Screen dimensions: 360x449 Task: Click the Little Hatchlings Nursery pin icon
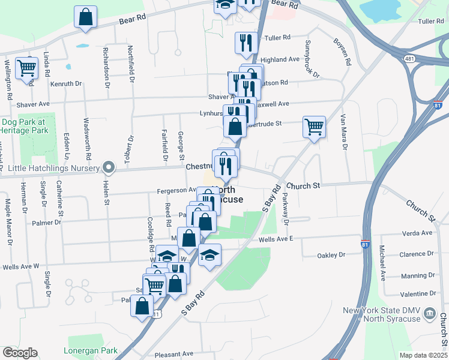(109, 167)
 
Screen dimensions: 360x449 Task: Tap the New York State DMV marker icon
(430, 313)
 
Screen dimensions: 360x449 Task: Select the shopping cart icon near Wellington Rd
(26, 68)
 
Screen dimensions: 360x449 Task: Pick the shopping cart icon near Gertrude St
(314, 127)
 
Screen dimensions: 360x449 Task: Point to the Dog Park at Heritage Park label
(27, 125)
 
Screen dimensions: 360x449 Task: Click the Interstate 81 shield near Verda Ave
(366, 244)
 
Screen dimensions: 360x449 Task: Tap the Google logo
(20, 352)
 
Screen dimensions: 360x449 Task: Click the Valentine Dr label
(416, 293)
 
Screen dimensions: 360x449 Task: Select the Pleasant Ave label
(173, 354)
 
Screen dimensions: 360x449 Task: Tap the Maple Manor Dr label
(8, 222)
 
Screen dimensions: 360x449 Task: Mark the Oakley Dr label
(331, 255)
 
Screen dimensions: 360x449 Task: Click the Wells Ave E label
(276, 239)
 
